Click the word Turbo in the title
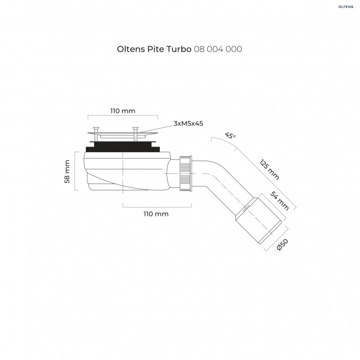[x=180, y=49]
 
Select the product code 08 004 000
[x=218, y=49]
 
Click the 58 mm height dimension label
[x=67, y=172]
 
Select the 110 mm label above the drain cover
[x=122, y=111]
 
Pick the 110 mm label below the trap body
[x=156, y=214]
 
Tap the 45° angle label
[x=230, y=135]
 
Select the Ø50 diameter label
[x=283, y=245]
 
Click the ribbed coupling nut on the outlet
[x=186, y=174]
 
